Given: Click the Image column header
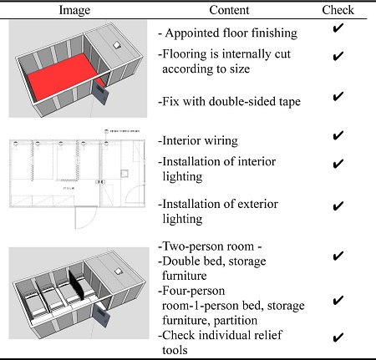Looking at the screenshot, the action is click(x=74, y=10).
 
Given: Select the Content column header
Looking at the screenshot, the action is click(x=229, y=10).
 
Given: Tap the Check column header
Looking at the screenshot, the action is click(x=338, y=10).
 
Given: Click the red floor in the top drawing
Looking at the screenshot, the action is click(x=64, y=76).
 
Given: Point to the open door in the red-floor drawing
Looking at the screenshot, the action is click(x=100, y=92).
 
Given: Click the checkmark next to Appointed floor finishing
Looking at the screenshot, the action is click(x=338, y=28).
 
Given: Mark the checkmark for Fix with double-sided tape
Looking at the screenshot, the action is click(x=338, y=96).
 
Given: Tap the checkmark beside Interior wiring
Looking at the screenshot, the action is click(x=338, y=135).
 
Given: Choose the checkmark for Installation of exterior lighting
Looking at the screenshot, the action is click(x=338, y=206).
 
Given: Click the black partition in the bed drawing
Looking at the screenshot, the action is click(x=76, y=285).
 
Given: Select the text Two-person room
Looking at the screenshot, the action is click(x=208, y=246).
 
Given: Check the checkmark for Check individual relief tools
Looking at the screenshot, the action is click(x=338, y=337).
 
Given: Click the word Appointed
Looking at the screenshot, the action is click(x=191, y=33).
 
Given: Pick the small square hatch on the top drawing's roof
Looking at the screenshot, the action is click(x=117, y=45).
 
